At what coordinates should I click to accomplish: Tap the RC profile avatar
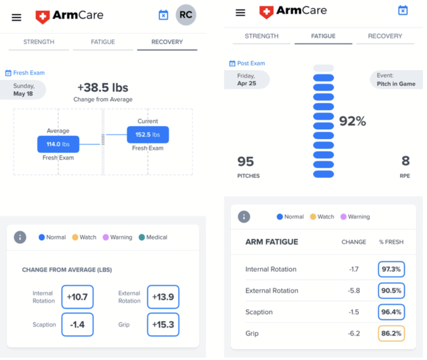(x=186, y=15)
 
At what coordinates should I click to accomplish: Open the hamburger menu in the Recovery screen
(x=16, y=17)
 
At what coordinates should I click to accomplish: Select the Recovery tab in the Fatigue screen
(x=385, y=36)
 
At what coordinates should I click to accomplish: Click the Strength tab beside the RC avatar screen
(x=39, y=42)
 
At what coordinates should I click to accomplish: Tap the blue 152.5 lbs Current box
(x=148, y=135)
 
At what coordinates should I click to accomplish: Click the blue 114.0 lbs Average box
(x=58, y=144)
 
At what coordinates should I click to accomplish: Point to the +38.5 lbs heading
(x=103, y=88)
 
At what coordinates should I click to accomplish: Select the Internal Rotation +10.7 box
(x=77, y=297)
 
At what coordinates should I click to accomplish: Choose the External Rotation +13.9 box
(x=163, y=297)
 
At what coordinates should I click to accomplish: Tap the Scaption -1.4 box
(x=77, y=325)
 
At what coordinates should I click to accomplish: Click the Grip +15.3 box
(x=163, y=325)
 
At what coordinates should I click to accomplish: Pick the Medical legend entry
(x=153, y=237)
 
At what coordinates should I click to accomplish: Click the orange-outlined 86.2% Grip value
(x=391, y=333)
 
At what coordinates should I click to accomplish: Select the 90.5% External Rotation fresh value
(x=391, y=290)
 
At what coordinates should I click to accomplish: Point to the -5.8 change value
(x=354, y=290)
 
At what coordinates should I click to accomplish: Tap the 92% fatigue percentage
(x=352, y=121)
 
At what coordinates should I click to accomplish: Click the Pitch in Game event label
(x=396, y=84)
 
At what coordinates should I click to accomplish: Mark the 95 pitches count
(x=246, y=161)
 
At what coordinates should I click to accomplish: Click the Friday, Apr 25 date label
(x=247, y=80)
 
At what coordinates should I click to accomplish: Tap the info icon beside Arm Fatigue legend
(x=244, y=217)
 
